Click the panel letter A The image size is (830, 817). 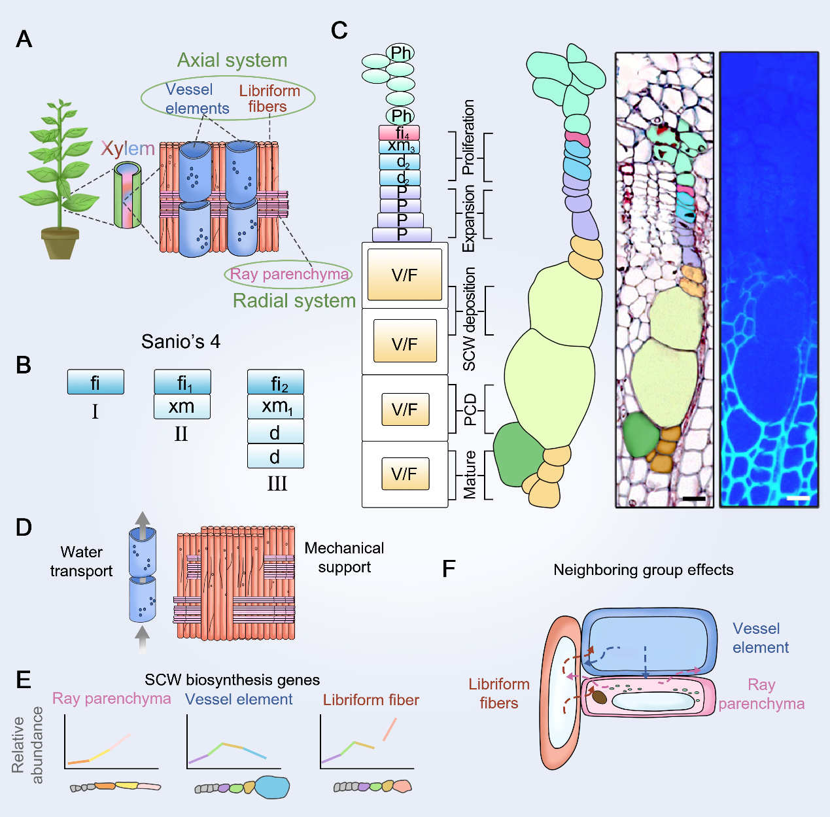[x=24, y=39]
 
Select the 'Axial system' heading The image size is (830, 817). [x=232, y=60]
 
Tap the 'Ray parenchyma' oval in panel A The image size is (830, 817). [x=288, y=274]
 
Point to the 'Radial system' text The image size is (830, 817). [x=294, y=301]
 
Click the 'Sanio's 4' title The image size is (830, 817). [x=181, y=341]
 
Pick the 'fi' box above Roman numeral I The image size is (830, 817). [x=95, y=382]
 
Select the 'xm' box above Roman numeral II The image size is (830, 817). [x=182, y=407]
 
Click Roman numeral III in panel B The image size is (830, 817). [x=277, y=483]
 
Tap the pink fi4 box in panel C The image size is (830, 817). [x=400, y=133]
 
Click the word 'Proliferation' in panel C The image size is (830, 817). [x=468, y=137]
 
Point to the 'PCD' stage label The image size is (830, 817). [x=470, y=409]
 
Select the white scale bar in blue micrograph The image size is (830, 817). [x=799, y=499]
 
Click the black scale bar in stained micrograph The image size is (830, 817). [x=694, y=499]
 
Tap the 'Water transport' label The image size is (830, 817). [x=81, y=561]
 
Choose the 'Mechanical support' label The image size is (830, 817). [x=344, y=557]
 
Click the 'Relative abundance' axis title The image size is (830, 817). [x=27, y=745]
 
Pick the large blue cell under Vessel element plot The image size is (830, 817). [x=272, y=788]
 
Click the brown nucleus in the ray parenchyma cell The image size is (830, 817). [x=599, y=697]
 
